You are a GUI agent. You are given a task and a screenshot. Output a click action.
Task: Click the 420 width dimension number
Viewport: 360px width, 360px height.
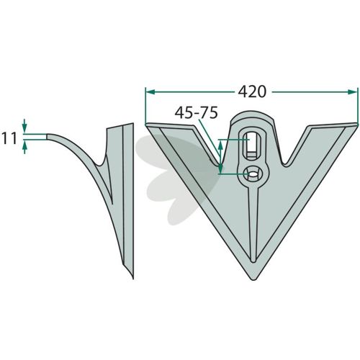[252, 92]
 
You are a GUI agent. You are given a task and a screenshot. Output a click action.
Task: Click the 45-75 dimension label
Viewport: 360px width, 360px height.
[197, 113]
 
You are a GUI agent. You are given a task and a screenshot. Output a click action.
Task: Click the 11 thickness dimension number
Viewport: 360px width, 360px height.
[9, 138]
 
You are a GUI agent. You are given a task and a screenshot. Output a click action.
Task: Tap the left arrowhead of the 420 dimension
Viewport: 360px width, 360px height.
[150, 92]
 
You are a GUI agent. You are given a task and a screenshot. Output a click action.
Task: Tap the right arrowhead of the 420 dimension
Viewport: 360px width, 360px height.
[353, 92]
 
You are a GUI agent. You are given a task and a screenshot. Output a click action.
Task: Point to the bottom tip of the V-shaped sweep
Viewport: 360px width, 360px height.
[253, 279]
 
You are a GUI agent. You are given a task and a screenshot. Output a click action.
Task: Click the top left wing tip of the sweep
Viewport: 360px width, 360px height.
[146, 125]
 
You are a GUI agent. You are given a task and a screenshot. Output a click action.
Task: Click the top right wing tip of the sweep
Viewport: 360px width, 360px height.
[357, 124]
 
